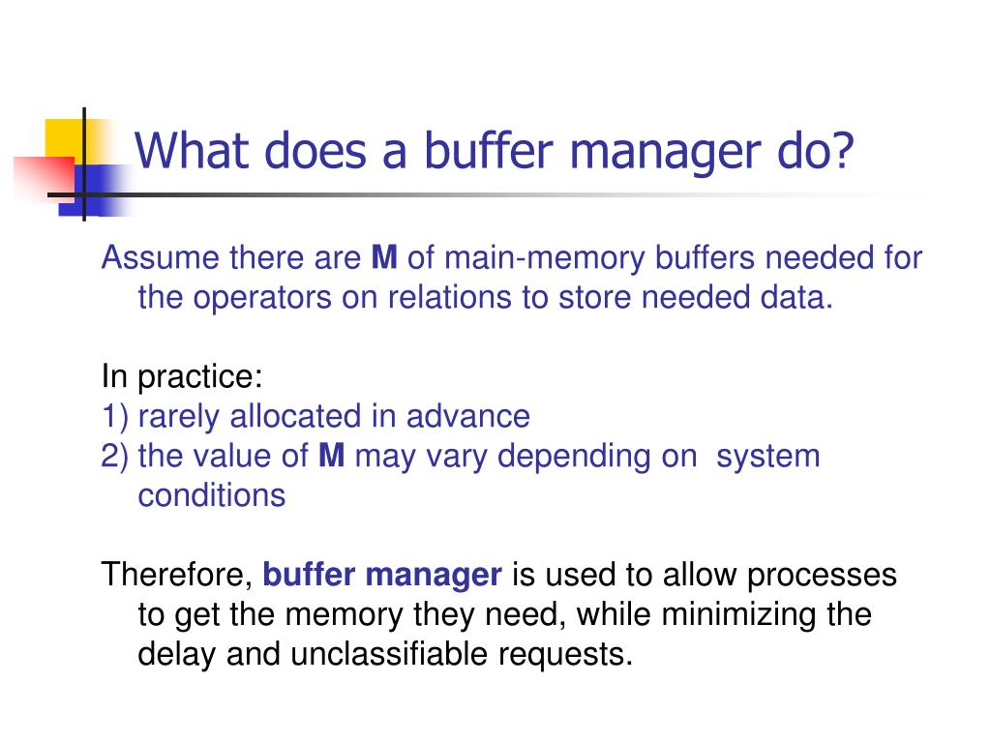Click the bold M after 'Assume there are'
pyautogui.click(x=384, y=258)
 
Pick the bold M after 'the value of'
pyautogui.click(x=331, y=456)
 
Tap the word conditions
pyautogui.click(x=211, y=495)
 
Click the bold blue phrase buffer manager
pyautogui.click(x=382, y=575)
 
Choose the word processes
pyautogui.click(x=828, y=575)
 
